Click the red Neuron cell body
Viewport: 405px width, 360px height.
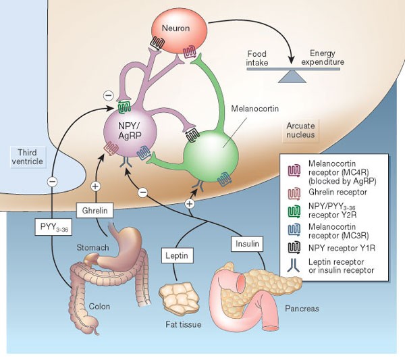click(179, 31)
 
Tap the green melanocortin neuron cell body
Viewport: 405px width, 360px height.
click(211, 155)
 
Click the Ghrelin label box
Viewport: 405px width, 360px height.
click(94, 210)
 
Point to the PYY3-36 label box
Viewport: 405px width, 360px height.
click(53, 227)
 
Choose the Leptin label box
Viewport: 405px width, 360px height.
click(177, 255)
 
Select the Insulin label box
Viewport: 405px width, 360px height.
click(247, 244)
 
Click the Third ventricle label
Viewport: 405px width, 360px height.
click(28, 157)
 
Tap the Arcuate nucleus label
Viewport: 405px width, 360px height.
click(300, 130)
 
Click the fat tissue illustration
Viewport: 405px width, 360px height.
click(179, 298)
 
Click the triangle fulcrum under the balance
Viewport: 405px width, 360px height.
click(292, 77)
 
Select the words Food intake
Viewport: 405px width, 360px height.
click(256, 58)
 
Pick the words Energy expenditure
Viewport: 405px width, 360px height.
click(323, 57)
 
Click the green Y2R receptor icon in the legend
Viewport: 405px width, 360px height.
click(294, 211)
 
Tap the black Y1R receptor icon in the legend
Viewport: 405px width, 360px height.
click(294, 248)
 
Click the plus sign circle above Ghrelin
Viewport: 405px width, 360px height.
click(96, 186)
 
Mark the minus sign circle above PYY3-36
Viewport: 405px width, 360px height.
click(52, 182)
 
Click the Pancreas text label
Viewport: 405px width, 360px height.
click(302, 309)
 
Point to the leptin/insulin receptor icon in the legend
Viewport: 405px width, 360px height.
click(294, 265)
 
